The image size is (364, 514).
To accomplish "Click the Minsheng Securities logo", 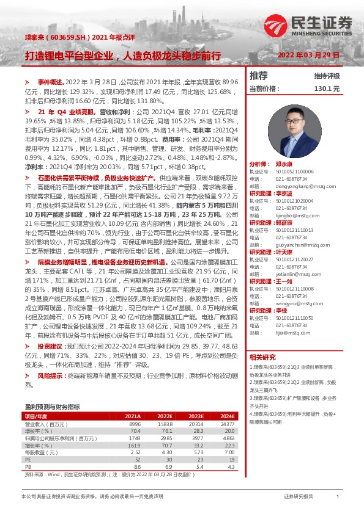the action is pos(308,24).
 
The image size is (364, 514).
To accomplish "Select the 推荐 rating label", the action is pos(259,76).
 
